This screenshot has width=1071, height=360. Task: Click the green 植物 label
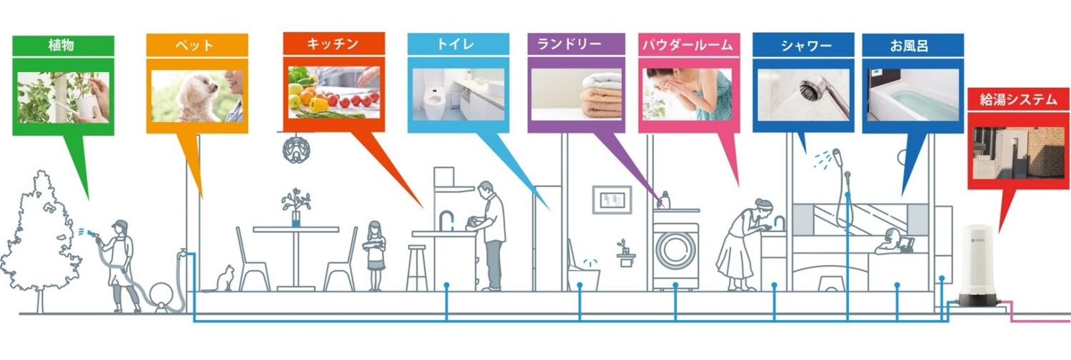(x=61, y=46)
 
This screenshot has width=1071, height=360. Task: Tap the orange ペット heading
(x=193, y=46)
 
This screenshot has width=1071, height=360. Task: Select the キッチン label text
(x=333, y=44)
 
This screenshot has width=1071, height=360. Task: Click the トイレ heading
(x=456, y=44)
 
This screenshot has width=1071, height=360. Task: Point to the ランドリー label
(x=570, y=44)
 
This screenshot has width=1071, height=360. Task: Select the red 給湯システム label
(x=1018, y=99)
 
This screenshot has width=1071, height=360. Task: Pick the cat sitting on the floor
(x=224, y=279)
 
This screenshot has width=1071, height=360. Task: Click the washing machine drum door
(x=675, y=249)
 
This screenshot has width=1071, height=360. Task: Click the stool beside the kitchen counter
(x=417, y=268)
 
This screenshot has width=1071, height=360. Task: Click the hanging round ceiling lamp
(x=296, y=149)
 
